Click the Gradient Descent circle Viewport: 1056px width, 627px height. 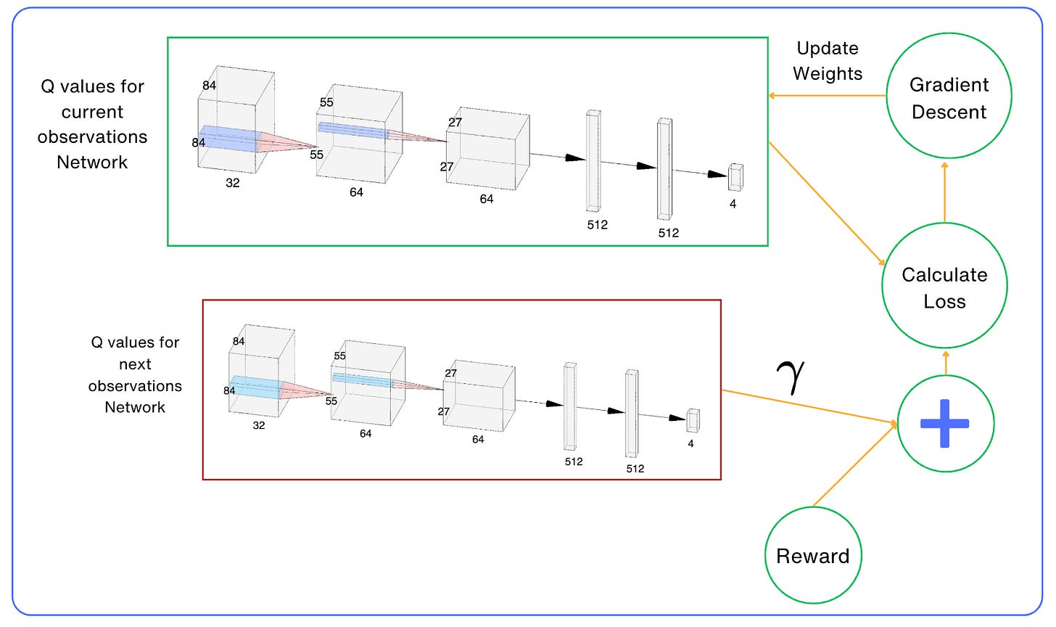pyautogui.click(x=949, y=96)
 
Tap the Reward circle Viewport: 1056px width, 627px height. pyautogui.click(x=813, y=555)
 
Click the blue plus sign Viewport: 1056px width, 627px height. pyautogui.click(x=944, y=423)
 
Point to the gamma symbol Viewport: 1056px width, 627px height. pyautogui.click(x=794, y=377)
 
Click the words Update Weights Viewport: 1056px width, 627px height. pyautogui.click(x=828, y=61)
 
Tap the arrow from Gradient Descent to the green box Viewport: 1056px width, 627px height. pyautogui.click(x=827, y=95)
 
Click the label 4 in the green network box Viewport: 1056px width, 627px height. pyautogui.click(x=733, y=204)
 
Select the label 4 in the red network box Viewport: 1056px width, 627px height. pyautogui.click(x=690, y=443)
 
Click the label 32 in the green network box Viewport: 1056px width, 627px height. pyautogui.click(x=232, y=183)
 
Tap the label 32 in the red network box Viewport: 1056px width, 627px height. pyautogui.click(x=258, y=425)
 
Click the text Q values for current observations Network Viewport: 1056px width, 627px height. pyautogui.click(x=92, y=124)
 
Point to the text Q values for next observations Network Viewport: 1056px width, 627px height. pyautogui.click(x=135, y=374)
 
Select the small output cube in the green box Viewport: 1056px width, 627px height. pyautogui.click(x=735, y=177)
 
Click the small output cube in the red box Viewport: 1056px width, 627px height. pyautogui.click(x=693, y=420)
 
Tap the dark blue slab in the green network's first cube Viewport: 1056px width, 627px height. pyautogui.click(x=228, y=139)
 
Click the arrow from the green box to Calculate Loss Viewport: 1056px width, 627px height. pyautogui.click(x=827, y=203)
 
